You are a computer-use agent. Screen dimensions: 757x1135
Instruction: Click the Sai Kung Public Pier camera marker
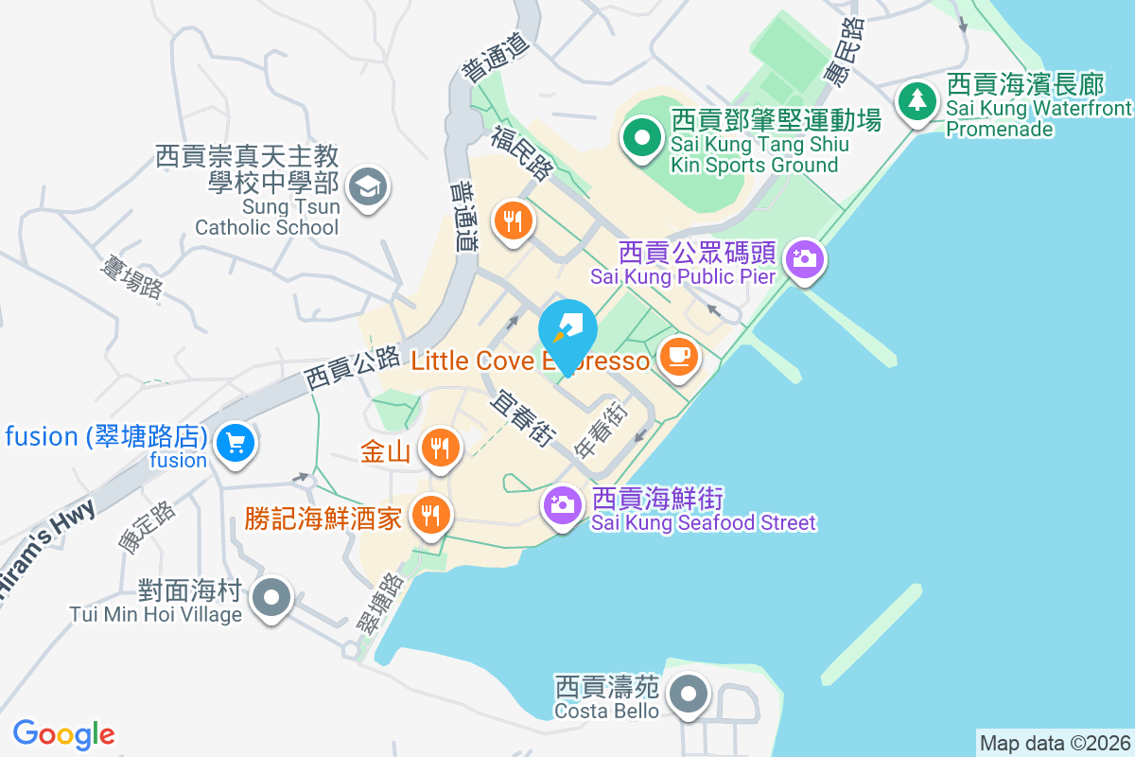(805, 258)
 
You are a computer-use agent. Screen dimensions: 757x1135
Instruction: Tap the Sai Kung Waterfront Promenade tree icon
(916, 99)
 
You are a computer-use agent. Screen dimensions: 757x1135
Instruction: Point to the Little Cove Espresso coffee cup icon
(679, 357)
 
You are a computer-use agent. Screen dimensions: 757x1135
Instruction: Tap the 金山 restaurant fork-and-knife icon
(439, 447)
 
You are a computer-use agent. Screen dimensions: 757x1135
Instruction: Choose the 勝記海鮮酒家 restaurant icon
(431, 516)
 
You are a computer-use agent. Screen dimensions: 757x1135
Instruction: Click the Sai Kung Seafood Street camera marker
(562, 503)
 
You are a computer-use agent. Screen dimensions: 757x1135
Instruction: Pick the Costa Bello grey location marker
(689, 694)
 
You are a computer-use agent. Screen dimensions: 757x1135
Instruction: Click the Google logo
(63, 734)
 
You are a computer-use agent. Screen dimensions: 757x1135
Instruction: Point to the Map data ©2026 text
(1055, 743)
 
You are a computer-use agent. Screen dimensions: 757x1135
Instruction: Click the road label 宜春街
(521, 419)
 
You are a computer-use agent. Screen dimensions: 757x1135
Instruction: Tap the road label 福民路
(521, 154)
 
